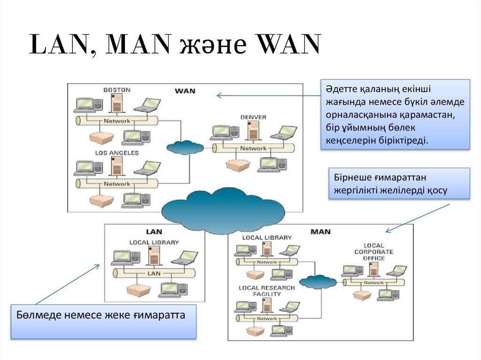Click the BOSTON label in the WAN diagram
pos(117,90)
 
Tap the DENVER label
pos(253,117)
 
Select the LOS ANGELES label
pos(117,153)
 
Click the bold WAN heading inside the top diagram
pos(185,91)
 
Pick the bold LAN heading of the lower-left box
pos(154,231)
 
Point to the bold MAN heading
pos(320,231)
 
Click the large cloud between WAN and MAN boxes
pos(223,209)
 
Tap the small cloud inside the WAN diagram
pos(185,147)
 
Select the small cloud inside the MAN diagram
pos(318,282)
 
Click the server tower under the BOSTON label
pos(116,103)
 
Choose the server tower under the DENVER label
pos(253,130)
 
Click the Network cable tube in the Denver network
pos(253,148)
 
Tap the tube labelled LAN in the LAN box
pos(154,273)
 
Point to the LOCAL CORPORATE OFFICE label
pos(373,252)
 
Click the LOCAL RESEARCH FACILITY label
pos(267,291)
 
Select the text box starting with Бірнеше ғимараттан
pos(399,184)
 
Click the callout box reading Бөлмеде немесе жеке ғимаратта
pos(103,322)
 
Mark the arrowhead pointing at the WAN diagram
pos(218,95)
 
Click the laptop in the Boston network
pos(147,105)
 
